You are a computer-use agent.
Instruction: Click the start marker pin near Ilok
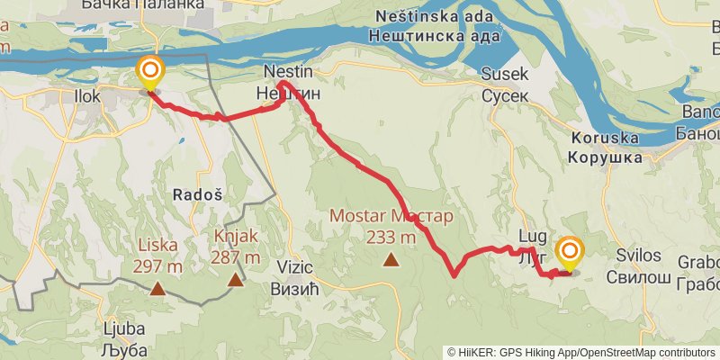point(149,72)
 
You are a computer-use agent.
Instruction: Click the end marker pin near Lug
point(569,252)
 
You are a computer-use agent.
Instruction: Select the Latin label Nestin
point(287,71)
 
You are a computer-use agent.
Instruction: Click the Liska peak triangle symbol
point(157,289)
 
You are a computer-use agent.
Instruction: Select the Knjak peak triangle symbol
point(236,280)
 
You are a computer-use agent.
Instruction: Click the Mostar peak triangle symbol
point(391,260)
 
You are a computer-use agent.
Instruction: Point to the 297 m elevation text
point(157,266)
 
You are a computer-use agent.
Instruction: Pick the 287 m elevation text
point(236,257)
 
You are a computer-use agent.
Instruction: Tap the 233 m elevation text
point(391,238)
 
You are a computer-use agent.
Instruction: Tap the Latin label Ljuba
point(124,328)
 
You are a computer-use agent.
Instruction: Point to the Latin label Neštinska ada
point(435,16)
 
